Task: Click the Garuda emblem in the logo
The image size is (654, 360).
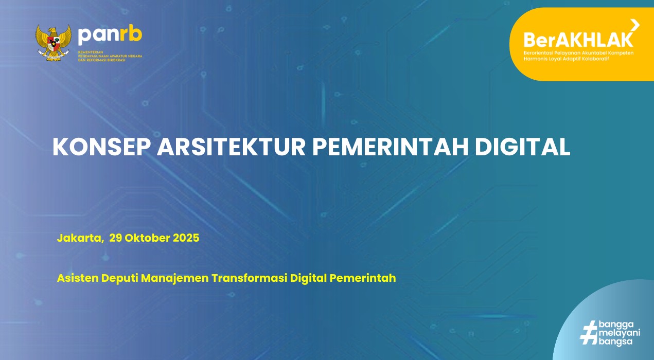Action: pos(54,43)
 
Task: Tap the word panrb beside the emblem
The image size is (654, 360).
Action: pos(110,35)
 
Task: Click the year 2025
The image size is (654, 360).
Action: pos(186,238)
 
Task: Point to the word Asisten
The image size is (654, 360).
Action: pos(78,278)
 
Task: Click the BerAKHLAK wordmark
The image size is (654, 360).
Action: pos(578,40)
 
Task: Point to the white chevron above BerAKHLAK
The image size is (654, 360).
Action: pos(635,24)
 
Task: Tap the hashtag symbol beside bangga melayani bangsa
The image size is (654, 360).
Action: pos(588,333)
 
